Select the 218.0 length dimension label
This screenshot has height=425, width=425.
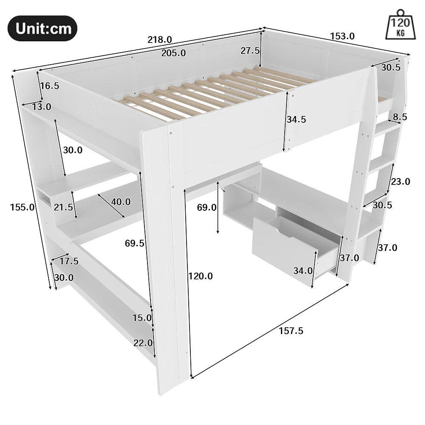(160, 40)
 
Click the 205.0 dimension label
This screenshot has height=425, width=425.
(173, 53)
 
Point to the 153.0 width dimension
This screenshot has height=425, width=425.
(342, 36)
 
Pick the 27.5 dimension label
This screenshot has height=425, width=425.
(250, 51)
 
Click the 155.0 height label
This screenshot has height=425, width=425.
(23, 207)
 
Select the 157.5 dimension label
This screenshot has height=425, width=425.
(291, 330)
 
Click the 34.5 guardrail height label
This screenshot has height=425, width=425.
(296, 119)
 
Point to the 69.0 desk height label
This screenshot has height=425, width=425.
(207, 207)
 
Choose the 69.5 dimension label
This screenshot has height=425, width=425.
(135, 243)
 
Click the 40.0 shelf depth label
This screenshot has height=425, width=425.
(121, 202)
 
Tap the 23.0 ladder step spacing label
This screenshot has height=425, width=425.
(400, 181)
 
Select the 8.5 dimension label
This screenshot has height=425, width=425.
(400, 116)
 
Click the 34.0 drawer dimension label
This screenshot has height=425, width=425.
(303, 271)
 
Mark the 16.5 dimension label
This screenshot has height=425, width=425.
(49, 85)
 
